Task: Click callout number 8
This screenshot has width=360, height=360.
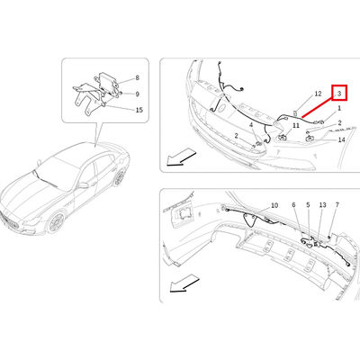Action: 138,78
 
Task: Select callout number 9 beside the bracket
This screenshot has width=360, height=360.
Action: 138,94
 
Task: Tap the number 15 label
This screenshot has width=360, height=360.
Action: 139,110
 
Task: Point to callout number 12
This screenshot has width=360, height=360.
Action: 318,94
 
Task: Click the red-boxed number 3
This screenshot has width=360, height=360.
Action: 339,93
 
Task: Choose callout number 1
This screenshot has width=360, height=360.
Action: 339,108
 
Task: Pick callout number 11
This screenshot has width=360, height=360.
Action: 296,125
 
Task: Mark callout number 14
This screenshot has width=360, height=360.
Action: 341,139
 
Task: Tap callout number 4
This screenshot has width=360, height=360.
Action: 251,124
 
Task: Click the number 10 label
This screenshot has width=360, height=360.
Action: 274,205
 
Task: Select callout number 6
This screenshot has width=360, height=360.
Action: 293,205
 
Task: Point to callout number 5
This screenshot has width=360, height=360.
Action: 308,205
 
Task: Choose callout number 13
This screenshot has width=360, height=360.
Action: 322,205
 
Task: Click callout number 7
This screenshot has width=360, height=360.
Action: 337,205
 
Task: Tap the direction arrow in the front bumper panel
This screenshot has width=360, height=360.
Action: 181,158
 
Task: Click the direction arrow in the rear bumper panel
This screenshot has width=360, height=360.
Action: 184,285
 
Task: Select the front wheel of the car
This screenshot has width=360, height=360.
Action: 56,223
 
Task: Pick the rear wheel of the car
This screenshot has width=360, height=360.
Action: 120,177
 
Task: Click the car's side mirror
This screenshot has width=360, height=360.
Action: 83,185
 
